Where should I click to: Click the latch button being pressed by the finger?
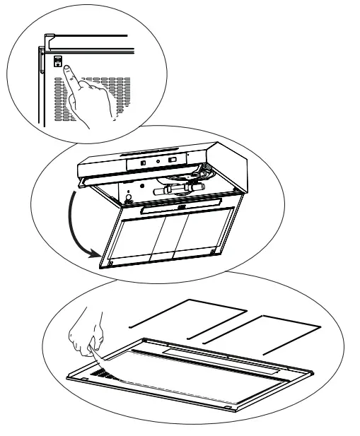pos(58,60)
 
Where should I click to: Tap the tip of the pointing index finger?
pos(66,69)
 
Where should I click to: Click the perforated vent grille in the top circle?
pos(106,99)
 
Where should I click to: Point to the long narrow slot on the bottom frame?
pos(212,351)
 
